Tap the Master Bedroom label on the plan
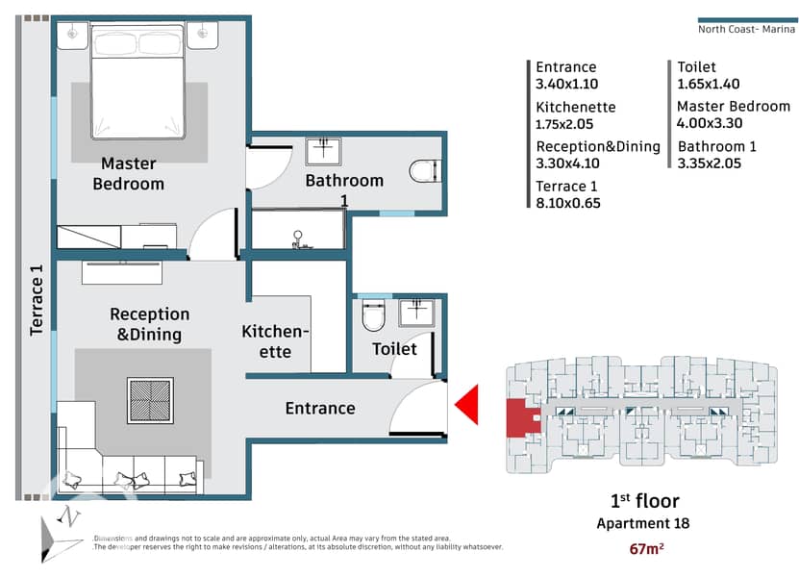pos(129,174)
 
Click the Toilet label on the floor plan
pos(394,349)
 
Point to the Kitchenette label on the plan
pos(275,341)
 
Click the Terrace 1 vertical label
pos(37,300)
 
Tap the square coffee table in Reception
pos(150,401)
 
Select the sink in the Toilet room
pos(417,313)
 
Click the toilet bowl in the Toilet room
pos(373,316)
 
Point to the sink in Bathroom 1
pos(323,151)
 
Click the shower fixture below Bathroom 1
pos(298,239)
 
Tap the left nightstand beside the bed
pos(72,36)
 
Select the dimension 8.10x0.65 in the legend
pos(568,203)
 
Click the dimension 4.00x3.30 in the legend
pos(710,123)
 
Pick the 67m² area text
pos(647,548)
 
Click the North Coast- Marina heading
pos(746,29)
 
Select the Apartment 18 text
pos(643,523)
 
